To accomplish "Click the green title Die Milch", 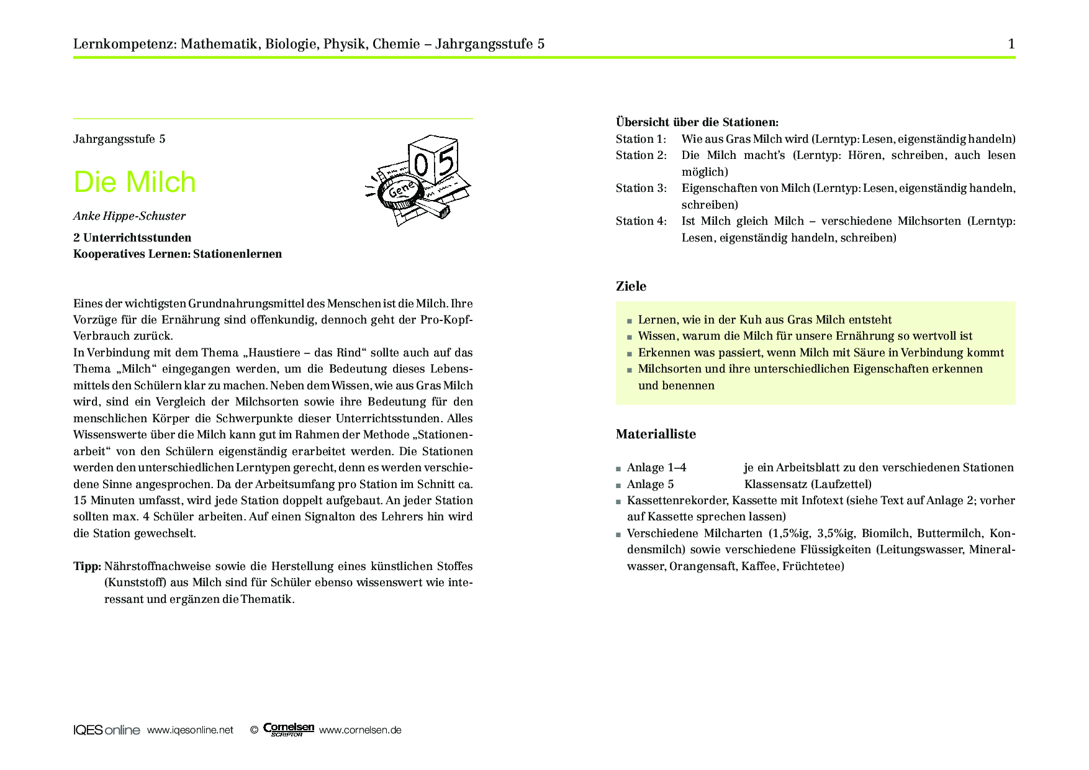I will point(135,182).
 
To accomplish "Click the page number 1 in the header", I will point(1011,43).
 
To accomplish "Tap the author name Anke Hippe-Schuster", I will point(129,216).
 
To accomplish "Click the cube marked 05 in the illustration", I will point(433,160).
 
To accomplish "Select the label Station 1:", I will point(641,139).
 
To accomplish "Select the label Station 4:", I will point(641,221).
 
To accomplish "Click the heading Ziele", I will point(631,286).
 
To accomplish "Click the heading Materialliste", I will point(656,434).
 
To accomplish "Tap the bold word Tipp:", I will point(87,566).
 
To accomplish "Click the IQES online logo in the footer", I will point(106,730).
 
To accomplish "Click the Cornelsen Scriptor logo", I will point(288,730).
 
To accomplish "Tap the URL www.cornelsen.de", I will point(360,730).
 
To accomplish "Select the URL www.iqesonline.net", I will point(190,730).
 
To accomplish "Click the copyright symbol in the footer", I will point(254,730).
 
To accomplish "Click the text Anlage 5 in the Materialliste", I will point(650,484).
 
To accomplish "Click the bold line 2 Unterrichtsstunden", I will point(132,238).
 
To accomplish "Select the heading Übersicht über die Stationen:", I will point(697,122).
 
